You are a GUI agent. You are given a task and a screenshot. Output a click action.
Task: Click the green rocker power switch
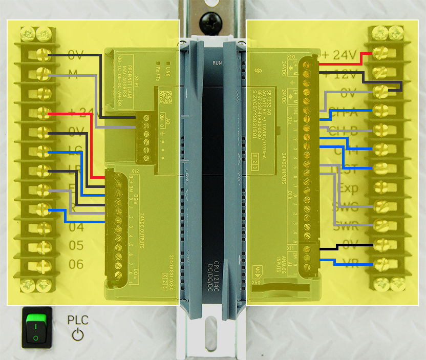coord(35,328)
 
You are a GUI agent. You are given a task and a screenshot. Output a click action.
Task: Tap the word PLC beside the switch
coord(78,321)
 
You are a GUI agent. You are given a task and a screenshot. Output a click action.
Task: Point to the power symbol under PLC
coord(77,335)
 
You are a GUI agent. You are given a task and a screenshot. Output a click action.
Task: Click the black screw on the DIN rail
coord(211,20)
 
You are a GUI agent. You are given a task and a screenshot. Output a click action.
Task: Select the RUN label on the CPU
coord(217,63)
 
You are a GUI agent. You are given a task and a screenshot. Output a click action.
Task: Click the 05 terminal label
coord(76,246)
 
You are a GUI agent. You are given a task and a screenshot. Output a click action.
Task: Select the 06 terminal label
coord(76,264)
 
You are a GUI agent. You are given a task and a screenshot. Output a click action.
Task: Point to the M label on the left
coord(73,75)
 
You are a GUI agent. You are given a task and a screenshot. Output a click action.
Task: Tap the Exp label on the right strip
coord(348,188)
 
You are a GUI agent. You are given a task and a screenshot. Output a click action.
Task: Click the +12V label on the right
coord(339,75)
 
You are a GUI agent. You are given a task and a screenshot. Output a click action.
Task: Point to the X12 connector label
coord(135,171)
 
